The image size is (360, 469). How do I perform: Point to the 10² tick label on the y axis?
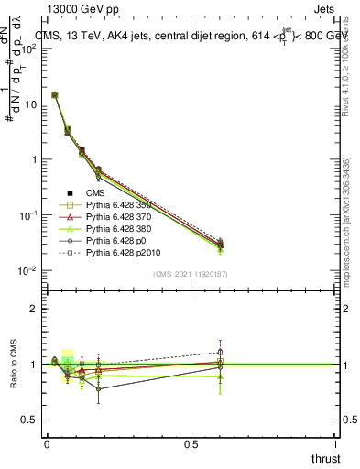(29, 49)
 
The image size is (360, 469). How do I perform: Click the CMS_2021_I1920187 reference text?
(191, 274)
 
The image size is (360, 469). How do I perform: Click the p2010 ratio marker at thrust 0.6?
(220, 352)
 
